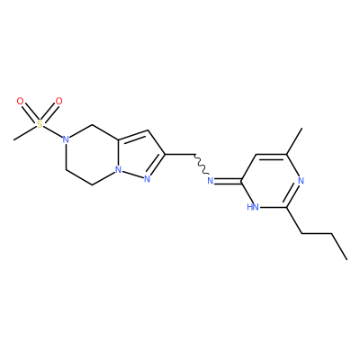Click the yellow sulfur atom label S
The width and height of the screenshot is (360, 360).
click(x=40, y=124)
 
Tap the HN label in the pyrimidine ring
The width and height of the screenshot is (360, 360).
click(x=253, y=207)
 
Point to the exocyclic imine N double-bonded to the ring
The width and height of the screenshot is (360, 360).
click(x=211, y=181)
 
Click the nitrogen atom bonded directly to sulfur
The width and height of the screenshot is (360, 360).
click(x=66, y=139)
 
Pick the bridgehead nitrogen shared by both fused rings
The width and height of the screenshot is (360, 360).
click(x=119, y=170)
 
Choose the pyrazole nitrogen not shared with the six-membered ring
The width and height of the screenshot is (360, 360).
click(x=147, y=179)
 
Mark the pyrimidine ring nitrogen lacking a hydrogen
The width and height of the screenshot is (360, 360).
click(x=301, y=181)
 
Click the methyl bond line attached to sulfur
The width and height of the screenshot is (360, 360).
click(x=25, y=132)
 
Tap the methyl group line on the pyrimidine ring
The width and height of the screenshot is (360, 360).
click(x=294, y=141)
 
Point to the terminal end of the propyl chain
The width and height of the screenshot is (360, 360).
click(x=347, y=259)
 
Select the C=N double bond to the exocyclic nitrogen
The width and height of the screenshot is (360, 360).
click(x=228, y=181)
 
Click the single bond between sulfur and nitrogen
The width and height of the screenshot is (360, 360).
click(x=53, y=131)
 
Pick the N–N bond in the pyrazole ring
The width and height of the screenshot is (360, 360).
click(x=132, y=175)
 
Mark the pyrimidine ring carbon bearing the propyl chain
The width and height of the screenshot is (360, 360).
click(x=286, y=207)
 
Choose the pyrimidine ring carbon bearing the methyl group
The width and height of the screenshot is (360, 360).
click(x=286, y=155)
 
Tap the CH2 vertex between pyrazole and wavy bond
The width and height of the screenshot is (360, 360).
click(x=193, y=154)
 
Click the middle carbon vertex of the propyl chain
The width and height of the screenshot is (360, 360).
click(x=332, y=233)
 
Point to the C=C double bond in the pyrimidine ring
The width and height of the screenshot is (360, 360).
click(x=271, y=156)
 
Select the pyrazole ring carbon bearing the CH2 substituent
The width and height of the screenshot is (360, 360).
click(x=165, y=154)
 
